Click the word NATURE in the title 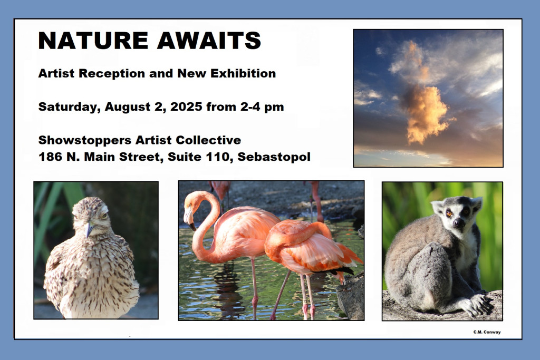point(93,41)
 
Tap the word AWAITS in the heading point(209,41)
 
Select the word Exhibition point(243,73)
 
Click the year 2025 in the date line point(186,106)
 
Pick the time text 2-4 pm point(262,107)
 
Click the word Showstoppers point(85,140)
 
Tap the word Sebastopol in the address point(274,157)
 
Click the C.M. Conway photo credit point(487,332)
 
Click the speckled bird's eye point(103,216)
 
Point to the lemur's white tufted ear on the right point(477,203)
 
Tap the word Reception point(112,74)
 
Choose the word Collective point(208,140)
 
